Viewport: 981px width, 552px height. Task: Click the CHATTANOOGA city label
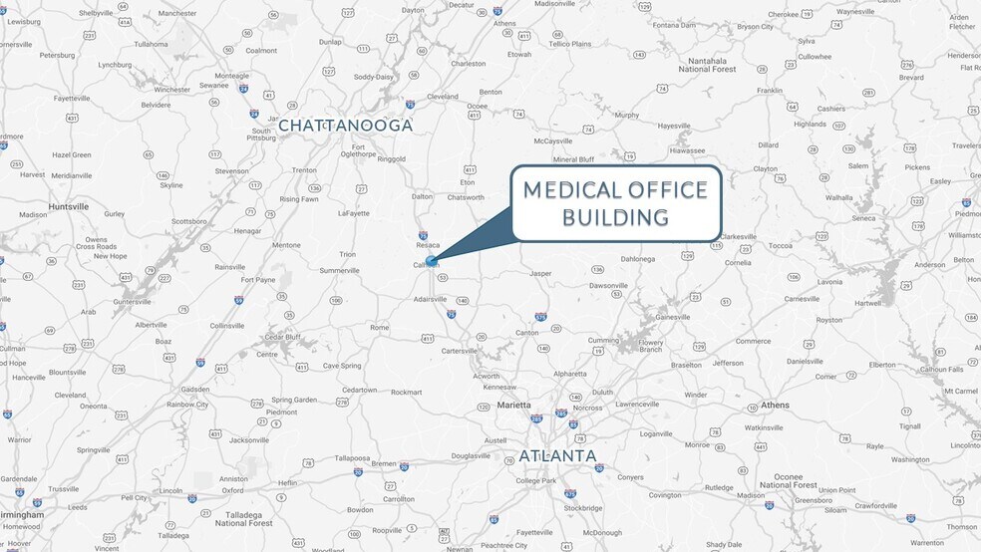345,126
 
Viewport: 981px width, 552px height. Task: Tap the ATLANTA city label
557,456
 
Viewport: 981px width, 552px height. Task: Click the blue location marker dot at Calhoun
432,261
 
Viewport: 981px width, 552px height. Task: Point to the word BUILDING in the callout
615,217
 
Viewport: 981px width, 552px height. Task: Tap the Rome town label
379,327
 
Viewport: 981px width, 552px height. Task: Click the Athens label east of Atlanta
775,405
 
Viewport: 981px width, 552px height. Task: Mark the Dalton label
423,196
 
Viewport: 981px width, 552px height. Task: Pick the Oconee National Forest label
788,481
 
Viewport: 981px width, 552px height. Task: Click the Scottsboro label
188,221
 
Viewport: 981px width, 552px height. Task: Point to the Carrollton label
399,499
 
